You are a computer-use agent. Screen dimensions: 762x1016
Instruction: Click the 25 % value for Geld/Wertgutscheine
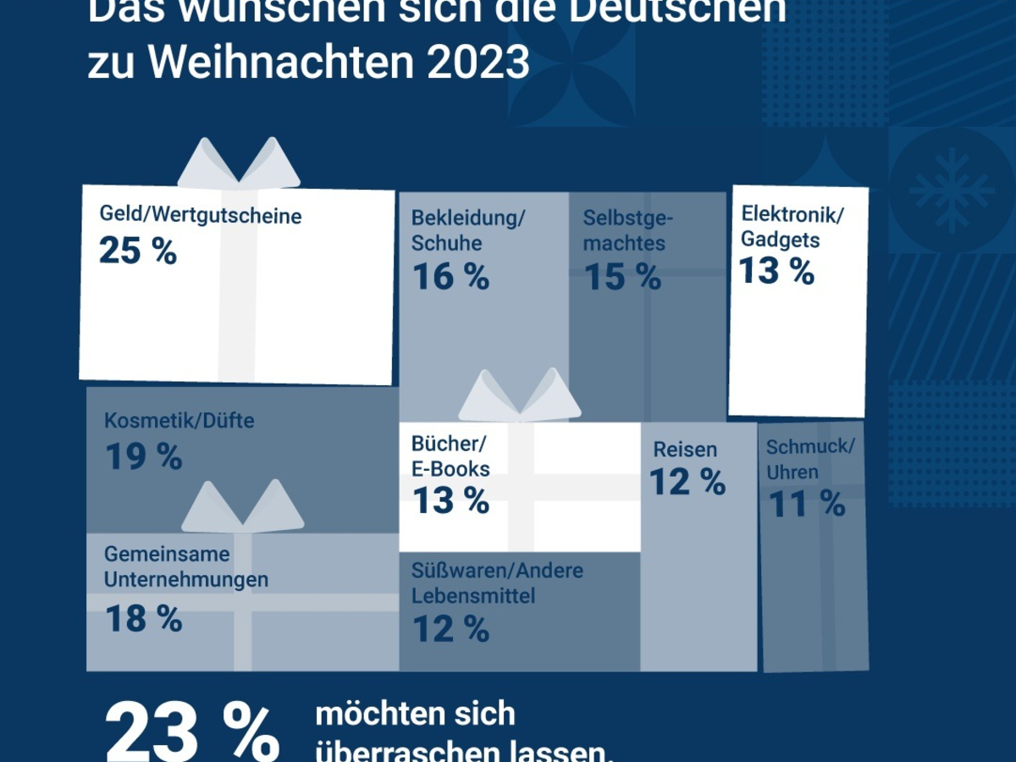(x=138, y=251)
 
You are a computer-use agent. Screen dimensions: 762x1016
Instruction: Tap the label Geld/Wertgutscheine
(x=200, y=215)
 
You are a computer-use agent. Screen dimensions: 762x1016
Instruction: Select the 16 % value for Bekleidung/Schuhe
(x=450, y=277)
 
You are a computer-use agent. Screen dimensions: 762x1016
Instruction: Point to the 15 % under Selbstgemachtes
(x=622, y=277)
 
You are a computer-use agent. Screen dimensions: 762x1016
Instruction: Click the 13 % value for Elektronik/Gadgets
(x=776, y=272)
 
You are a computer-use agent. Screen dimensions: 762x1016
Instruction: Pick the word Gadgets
(x=780, y=240)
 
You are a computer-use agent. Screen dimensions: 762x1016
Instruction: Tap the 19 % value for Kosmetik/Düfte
(x=143, y=456)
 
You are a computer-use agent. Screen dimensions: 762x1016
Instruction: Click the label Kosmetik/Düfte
(x=179, y=420)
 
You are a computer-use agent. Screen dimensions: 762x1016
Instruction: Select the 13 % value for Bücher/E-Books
(x=450, y=500)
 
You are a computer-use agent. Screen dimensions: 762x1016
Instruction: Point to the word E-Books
(x=450, y=468)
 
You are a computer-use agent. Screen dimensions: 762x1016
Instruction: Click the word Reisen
(x=685, y=450)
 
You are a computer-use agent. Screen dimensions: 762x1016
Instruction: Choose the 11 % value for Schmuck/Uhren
(x=806, y=505)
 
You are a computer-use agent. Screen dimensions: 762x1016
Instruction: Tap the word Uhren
(x=792, y=472)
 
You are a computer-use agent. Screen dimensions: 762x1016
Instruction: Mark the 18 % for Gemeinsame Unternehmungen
(x=143, y=619)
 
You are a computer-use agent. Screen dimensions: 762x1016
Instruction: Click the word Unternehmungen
(x=186, y=580)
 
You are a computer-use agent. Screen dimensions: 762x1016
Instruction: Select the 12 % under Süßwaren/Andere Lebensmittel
(x=450, y=629)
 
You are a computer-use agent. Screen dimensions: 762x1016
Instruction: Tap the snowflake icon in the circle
(x=951, y=190)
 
